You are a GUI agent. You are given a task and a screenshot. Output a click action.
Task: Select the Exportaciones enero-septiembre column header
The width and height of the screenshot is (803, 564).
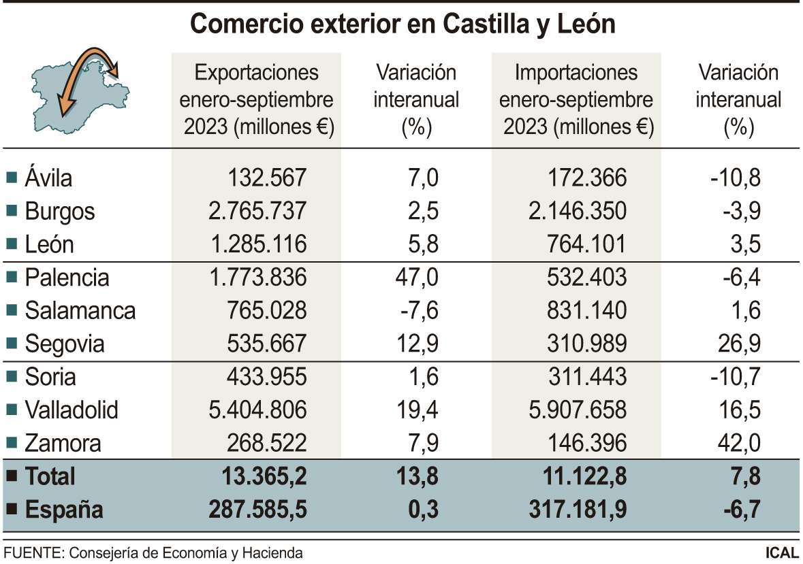click(x=256, y=100)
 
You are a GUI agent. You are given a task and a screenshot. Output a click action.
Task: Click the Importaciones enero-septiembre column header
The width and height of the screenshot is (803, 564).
click(x=576, y=100)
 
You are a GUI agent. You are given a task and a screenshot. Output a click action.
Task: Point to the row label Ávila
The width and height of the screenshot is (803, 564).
click(x=48, y=178)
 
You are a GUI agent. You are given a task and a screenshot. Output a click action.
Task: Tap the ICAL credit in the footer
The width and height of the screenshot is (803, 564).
click(x=781, y=553)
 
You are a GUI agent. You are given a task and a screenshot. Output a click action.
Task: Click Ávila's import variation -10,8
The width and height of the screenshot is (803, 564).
click(x=735, y=178)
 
